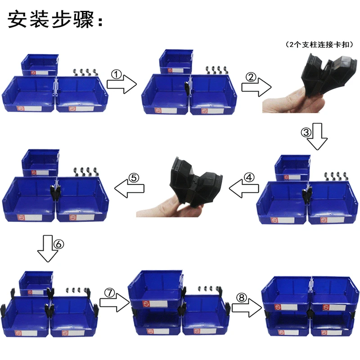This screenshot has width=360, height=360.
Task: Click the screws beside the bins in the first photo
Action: pos(85,72)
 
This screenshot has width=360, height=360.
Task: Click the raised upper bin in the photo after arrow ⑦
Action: pos(155,288)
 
